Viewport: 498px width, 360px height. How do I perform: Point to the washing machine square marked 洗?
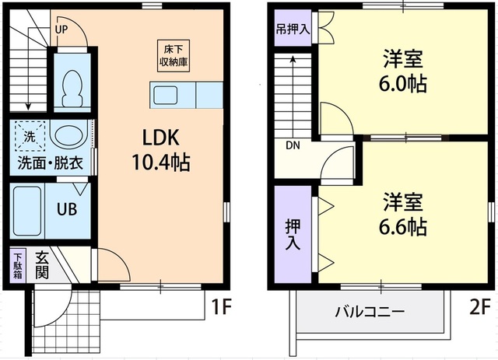(29, 136)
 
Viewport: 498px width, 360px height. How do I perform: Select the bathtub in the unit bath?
(27, 209)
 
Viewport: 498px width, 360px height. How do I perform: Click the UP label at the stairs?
(61, 30)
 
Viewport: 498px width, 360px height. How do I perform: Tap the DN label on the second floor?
(292, 145)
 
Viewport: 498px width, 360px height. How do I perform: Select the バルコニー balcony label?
(370, 313)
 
